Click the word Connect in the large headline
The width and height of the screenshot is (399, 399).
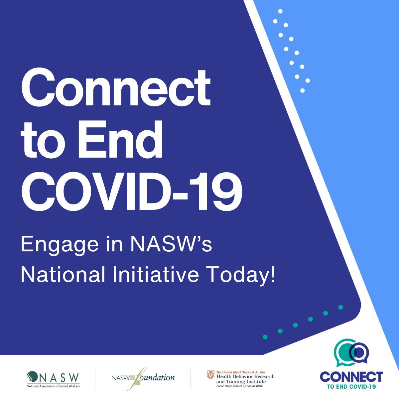tap(116, 87)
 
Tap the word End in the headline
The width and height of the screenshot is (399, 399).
tap(120, 139)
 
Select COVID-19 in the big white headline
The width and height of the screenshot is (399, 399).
tap(132, 191)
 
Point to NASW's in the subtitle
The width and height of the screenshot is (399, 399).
tap(171, 244)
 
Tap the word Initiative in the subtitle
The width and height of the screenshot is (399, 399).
tap(156, 275)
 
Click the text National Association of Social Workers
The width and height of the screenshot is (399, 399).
tap(53, 386)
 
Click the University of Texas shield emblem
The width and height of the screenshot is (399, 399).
tap(210, 375)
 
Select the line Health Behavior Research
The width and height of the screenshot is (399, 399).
tap(245, 376)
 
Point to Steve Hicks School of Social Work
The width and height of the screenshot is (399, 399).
tap(239, 386)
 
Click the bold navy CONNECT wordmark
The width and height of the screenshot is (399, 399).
tap(351, 377)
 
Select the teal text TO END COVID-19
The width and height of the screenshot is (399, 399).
tap(351, 387)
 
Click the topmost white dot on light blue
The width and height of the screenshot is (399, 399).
tap(280, 11)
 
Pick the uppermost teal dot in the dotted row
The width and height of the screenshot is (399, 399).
tap(340, 307)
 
